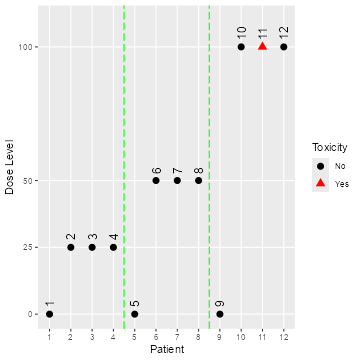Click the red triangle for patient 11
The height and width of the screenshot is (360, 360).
262,46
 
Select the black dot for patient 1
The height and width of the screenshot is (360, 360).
49,314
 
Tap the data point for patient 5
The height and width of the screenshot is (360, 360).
134,314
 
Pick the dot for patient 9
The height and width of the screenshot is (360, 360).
220,314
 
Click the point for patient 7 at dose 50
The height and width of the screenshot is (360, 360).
177,180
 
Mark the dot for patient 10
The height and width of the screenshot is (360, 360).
241,47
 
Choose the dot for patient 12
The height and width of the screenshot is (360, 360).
284,47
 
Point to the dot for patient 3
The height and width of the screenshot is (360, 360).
92,247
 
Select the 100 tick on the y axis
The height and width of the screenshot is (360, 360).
28,47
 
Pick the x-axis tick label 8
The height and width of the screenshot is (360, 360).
198,337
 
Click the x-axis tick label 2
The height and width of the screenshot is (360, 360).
70,337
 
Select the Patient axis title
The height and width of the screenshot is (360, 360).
166,350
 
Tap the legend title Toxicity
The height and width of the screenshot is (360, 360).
329,147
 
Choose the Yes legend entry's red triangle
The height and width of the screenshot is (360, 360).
320,184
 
